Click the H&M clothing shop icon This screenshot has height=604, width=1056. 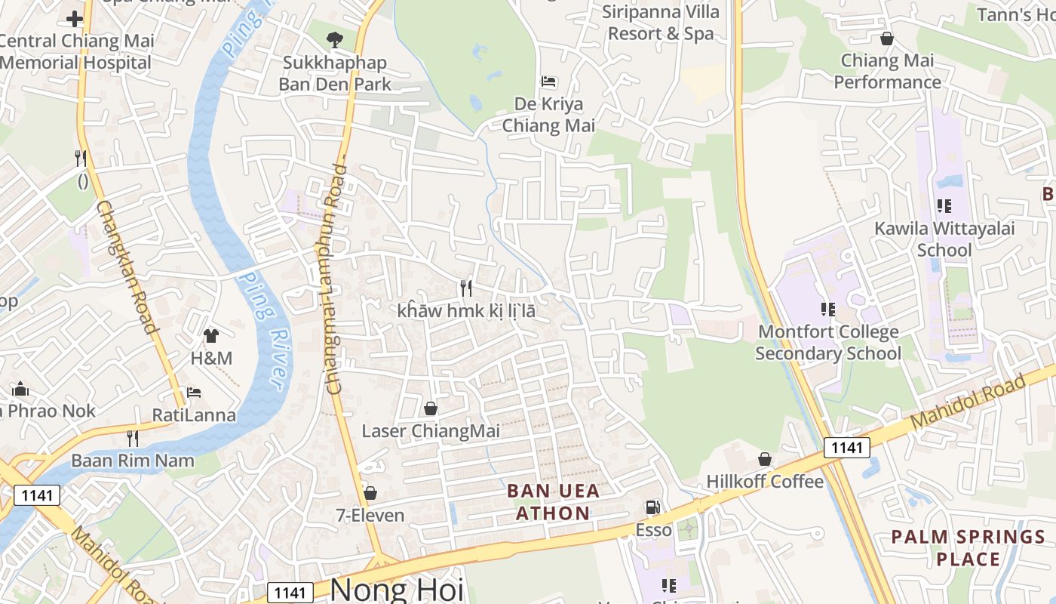point(211,335)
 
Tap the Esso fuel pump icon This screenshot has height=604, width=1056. point(652,507)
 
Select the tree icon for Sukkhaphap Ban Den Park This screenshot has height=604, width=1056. point(334,39)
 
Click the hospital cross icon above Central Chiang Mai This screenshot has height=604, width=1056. point(75,18)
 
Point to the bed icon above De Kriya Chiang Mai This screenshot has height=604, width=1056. point(548,81)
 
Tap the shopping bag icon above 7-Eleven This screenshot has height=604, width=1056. point(370,493)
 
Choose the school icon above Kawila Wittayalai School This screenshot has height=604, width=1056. point(944,205)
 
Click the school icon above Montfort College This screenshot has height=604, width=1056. point(828,309)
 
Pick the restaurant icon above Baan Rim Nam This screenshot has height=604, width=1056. point(133,438)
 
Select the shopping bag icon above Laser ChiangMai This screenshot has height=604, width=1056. point(431,408)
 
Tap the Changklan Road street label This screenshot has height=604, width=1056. point(126,266)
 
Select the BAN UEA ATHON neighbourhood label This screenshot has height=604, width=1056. point(548,502)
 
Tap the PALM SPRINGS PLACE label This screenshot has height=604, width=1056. point(969,548)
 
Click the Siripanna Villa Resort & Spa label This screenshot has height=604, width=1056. point(661,23)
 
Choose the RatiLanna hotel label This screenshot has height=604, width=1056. point(194,414)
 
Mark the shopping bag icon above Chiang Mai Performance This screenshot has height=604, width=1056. point(887,39)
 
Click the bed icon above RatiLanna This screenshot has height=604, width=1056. point(194,393)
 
